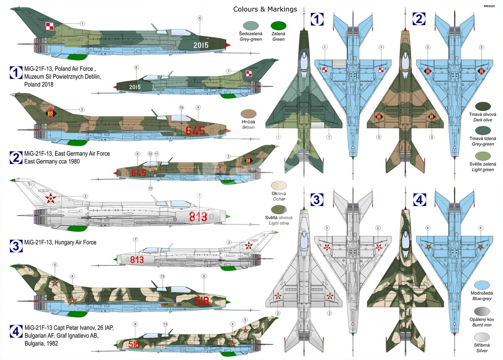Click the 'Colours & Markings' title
(265, 9)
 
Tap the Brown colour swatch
(249, 114)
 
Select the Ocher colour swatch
(279, 185)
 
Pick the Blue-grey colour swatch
(482, 285)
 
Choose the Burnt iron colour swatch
(482, 312)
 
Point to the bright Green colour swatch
(278, 26)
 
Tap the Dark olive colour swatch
(482, 107)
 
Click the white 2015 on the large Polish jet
(201, 45)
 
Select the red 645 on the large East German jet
(195, 131)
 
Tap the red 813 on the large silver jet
(198, 217)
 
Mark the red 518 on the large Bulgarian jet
(202, 302)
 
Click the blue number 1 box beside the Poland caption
(16, 73)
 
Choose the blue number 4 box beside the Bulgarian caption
(16, 332)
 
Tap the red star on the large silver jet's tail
(50, 198)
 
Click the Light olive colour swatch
(279, 210)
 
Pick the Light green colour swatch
(482, 156)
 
